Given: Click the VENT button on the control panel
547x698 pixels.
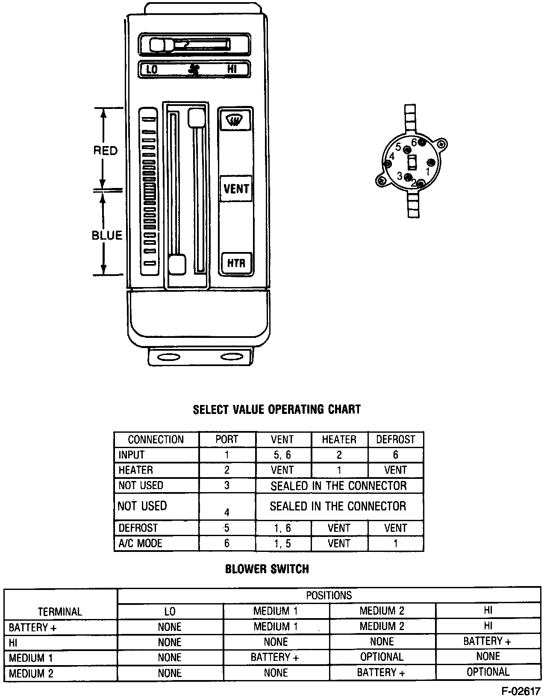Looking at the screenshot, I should point(236,188).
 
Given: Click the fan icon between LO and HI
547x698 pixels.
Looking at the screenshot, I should point(194,69).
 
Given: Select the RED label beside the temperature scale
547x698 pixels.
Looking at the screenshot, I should point(105,150).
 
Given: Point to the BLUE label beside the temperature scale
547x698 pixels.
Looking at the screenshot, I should point(107,235).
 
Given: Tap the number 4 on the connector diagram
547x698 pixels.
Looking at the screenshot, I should point(391,157).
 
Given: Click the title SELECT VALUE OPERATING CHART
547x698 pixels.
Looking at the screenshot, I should point(276,409).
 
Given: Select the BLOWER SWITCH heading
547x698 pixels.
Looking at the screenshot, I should point(267,569).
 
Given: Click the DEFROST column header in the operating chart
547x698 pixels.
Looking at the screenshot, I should point(395,440).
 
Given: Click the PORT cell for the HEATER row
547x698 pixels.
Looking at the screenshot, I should point(227,470).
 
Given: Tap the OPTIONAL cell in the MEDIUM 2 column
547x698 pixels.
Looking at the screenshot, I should point(382,657).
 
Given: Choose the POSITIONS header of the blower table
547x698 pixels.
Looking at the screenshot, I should point(329,595).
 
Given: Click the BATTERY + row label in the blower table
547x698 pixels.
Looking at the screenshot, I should point(33,628).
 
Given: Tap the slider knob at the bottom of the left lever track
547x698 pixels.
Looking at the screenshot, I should point(177,265).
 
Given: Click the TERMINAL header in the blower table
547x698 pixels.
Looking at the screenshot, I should point(60,611).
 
